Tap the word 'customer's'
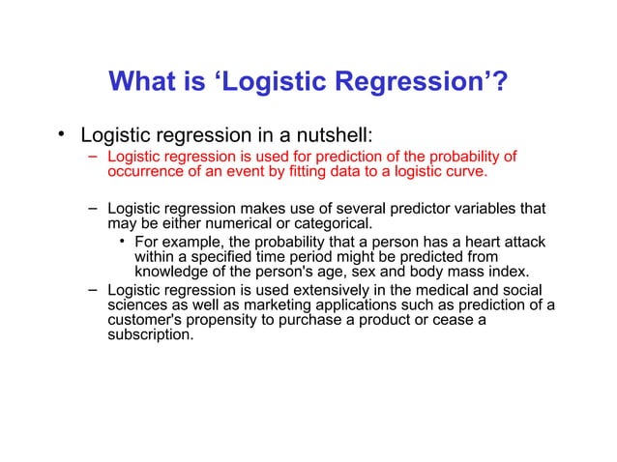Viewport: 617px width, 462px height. [143, 322]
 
